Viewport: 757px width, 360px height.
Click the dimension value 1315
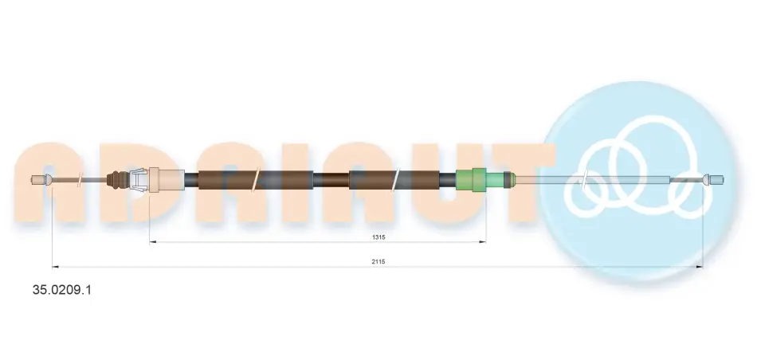pos(378,237)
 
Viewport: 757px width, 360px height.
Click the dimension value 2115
pos(378,261)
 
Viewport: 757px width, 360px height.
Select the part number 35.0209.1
pos(61,290)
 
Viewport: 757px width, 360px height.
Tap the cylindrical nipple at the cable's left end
pos(37,179)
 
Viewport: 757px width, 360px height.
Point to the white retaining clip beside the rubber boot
pos(138,180)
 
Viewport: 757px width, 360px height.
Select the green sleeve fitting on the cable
pos(480,180)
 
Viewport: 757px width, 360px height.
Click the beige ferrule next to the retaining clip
pos(167,180)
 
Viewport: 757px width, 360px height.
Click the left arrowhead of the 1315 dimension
pos(152,242)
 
